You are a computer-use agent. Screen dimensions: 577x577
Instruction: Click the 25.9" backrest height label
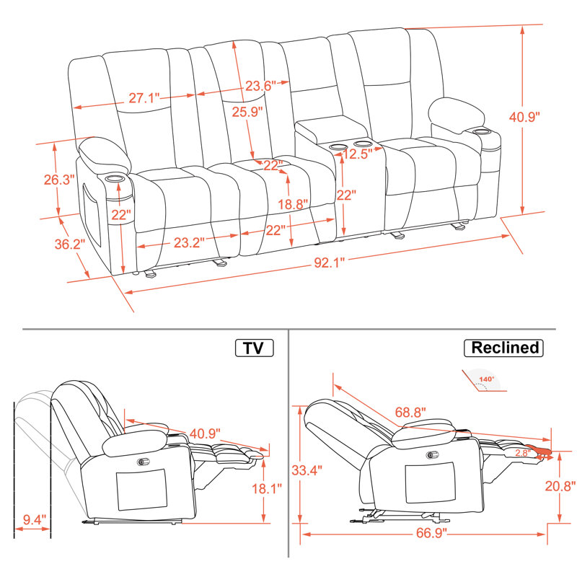click(247, 112)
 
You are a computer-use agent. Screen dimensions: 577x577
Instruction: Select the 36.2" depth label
click(70, 244)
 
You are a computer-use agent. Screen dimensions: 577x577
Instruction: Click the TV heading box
click(254, 348)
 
